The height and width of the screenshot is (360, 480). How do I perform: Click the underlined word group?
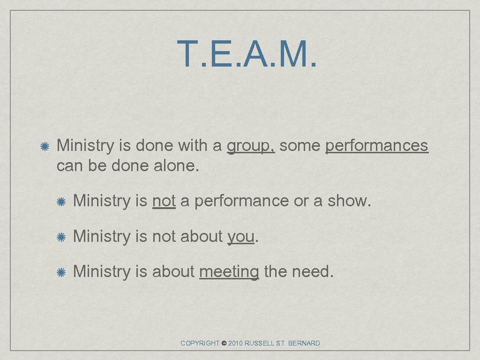tap(250, 146)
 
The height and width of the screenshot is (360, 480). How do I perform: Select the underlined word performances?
tap(376, 146)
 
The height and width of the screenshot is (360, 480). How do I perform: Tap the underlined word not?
tap(164, 201)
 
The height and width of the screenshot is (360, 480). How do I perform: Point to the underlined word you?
tap(241, 237)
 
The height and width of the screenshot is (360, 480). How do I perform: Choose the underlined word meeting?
tap(229, 272)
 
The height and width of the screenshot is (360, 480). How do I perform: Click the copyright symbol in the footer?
tap(224, 343)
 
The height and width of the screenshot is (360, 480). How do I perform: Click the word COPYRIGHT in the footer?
tap(200, 343)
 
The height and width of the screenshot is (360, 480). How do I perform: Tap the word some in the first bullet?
tap(300, 146)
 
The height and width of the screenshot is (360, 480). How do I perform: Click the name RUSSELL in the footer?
tap(260, 343)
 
